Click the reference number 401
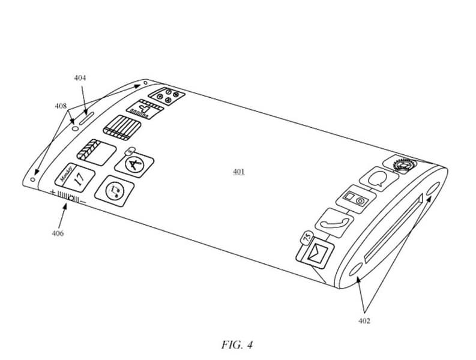(239, 172)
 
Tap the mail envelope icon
(316, 253)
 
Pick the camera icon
(354, 199)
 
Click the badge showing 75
(306, 238)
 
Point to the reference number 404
(80, 78)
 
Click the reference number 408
(61, 106)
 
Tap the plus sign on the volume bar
(53, 193)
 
